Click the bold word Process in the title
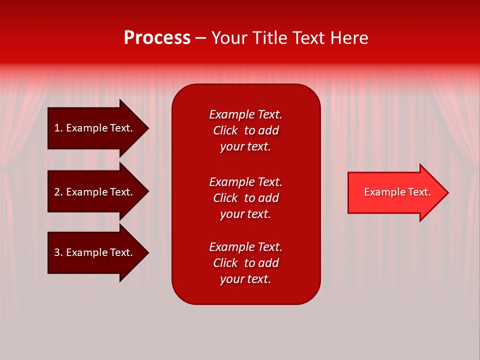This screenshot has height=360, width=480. tap(157, 38)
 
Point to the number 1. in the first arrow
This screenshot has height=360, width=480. tap(58, 128)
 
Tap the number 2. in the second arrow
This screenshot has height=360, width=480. tap(58, 192)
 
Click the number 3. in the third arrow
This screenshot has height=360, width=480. tap(58, 252)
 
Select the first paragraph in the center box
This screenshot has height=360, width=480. tap(245, 130)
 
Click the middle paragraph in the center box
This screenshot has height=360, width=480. tap(245, 198)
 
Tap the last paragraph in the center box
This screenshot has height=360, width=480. tap(245, 263)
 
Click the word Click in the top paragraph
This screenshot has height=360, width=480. tap(225, 130)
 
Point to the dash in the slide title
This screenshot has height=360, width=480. tap(200, 38)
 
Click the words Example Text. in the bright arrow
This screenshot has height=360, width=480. tap(397, 192)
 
